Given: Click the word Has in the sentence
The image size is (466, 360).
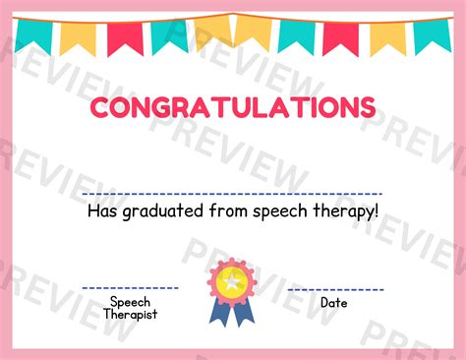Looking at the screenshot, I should click(101, 210).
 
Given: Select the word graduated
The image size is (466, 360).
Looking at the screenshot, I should click(159, 211).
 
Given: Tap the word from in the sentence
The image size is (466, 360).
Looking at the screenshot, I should click(221, 210).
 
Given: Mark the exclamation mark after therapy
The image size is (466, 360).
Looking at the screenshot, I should click(376, 210).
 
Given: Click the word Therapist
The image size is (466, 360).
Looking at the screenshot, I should click(130, 315).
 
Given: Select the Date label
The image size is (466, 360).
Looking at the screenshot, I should click(334, 303).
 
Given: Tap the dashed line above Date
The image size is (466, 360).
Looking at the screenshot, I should click(335, 289).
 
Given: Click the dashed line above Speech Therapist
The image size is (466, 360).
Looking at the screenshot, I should click(130, 288).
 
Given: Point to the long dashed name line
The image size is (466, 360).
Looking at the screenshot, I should click(232, 194).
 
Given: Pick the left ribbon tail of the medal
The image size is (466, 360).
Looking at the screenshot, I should click(220, 313).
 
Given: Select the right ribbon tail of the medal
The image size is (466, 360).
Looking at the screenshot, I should click(245, 313).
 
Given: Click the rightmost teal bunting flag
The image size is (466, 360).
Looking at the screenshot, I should click(432, 35).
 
